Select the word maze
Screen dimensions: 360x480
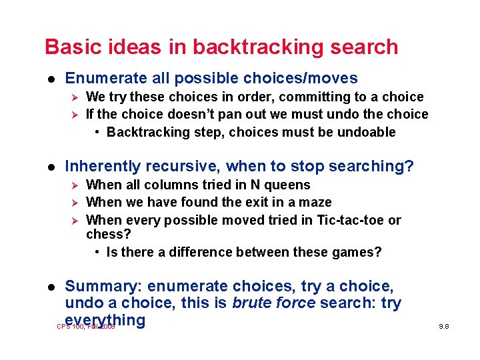click(x=316, y=203)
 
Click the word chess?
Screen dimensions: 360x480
click(x=109, y=235)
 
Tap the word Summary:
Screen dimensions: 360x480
click(x=103, y=286)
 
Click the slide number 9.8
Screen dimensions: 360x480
click(x=443, y=327)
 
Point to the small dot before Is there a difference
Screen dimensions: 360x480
click(x=98, y=252)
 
